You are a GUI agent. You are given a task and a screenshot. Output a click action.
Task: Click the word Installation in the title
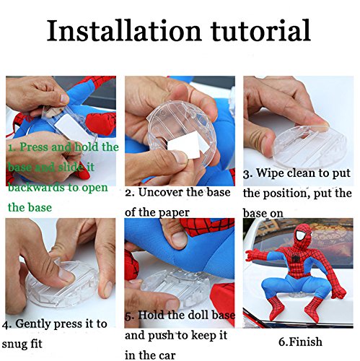[124, 30]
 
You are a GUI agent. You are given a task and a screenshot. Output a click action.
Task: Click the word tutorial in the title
[260, 30]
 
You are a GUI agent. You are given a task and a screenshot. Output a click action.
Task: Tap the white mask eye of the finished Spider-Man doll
[300, 235]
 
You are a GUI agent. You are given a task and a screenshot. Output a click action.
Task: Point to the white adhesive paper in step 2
[184, 148]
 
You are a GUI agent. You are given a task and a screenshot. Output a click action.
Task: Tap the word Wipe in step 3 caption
[270, 173]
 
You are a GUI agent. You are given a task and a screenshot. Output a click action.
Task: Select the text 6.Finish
[300, 342]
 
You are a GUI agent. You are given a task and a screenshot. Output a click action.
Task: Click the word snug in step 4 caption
[14, 344]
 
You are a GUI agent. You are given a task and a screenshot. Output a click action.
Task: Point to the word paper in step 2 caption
[173, 213]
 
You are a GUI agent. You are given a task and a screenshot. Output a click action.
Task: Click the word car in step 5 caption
[167, 355]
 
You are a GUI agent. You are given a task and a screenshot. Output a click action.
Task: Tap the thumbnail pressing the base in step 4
[66, 275]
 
